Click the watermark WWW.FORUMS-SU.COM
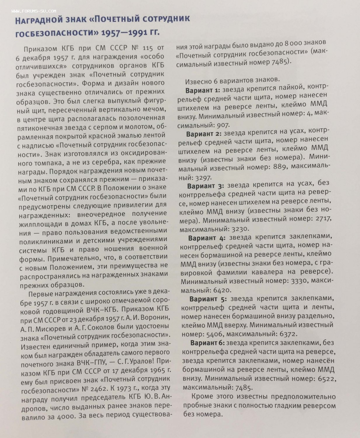tap(34, 11)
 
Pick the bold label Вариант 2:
tap(204, 134)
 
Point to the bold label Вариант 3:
tap(206, 186)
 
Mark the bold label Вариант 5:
tap(208, 299)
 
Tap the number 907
tap(223, 125)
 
